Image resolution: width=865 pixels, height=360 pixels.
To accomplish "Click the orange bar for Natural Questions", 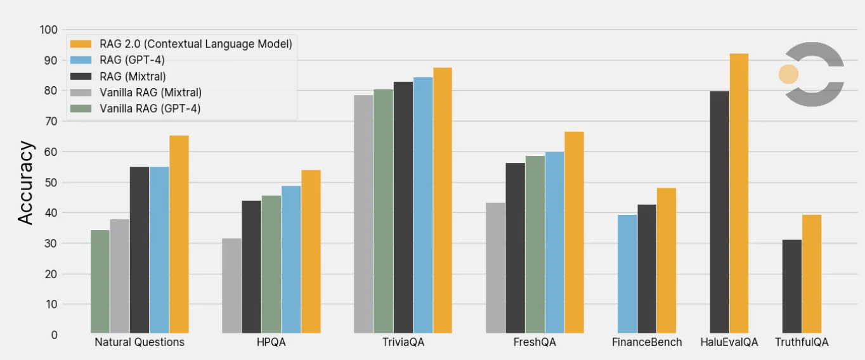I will [179, 235].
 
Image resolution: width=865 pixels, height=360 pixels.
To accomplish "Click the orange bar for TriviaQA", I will [443, 200].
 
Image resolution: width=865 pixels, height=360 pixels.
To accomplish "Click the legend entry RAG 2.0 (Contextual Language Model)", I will [195, 44].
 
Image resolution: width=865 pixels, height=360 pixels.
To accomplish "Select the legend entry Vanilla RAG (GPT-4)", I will [150, 108].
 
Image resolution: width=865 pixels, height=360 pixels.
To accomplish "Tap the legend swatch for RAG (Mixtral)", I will [82, 76].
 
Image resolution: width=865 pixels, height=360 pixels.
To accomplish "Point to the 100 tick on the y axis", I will [49, 30].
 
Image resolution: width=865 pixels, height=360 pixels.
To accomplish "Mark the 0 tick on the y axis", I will [54, 335].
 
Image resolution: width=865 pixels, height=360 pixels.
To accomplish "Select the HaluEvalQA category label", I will [729, 342].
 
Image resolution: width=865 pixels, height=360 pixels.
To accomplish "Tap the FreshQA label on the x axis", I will [535, 342].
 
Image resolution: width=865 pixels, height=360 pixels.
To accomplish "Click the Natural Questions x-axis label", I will [140, 342].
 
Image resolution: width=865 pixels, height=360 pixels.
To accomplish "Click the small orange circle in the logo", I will [788, 74].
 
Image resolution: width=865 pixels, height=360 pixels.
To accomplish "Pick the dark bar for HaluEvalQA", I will [719, 212].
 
